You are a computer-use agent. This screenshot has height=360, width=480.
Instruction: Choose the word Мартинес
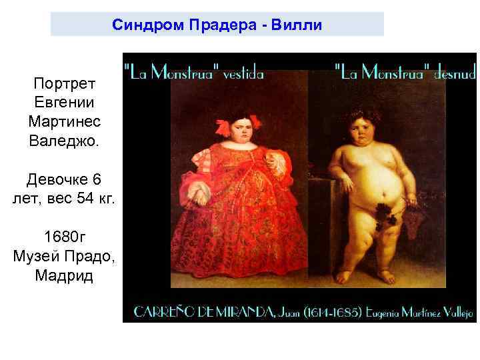[64, 122]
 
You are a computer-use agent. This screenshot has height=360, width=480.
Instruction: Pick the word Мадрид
[64, 275]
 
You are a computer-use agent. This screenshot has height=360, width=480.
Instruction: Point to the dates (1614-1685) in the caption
[325, 311]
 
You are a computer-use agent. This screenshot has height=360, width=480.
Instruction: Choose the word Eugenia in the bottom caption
[381, 311]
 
